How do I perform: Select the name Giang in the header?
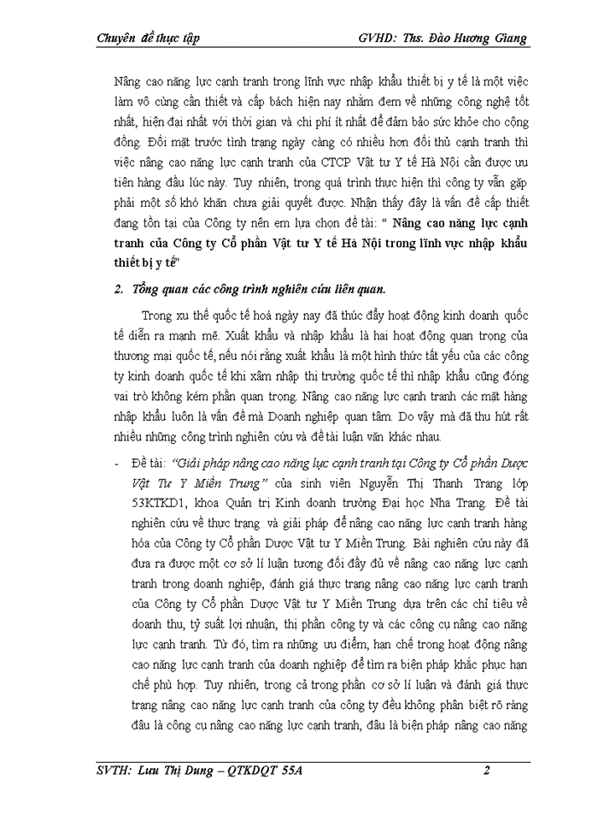[x=508, y=38]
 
